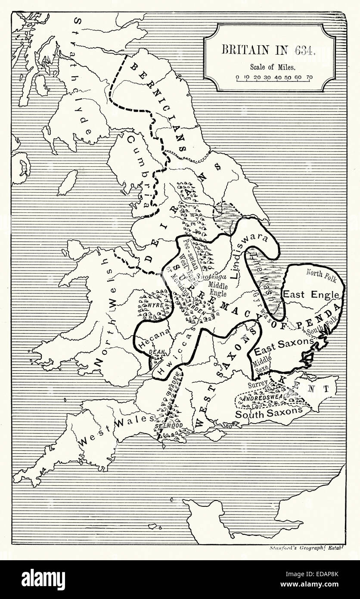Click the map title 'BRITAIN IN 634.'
coord(269,50)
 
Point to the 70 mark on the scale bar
coord(309,78)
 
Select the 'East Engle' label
coord(313,295)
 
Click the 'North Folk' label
coord(321,272)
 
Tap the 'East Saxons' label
coord(284,340)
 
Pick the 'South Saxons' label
coord(269,412)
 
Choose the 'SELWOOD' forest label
coord(166,426)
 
